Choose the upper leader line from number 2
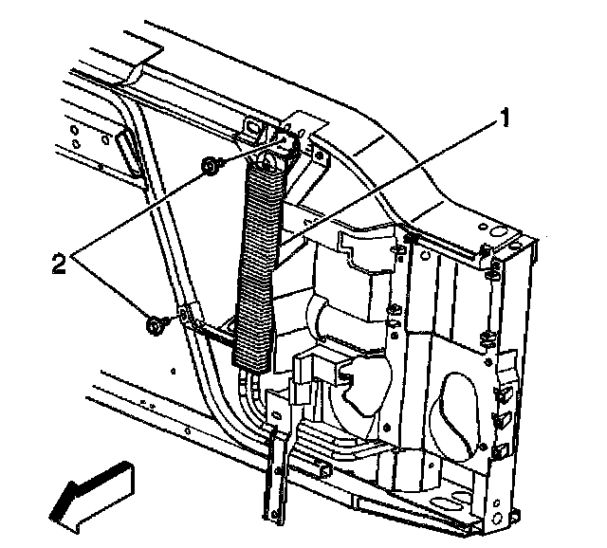[x=152, y=204]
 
